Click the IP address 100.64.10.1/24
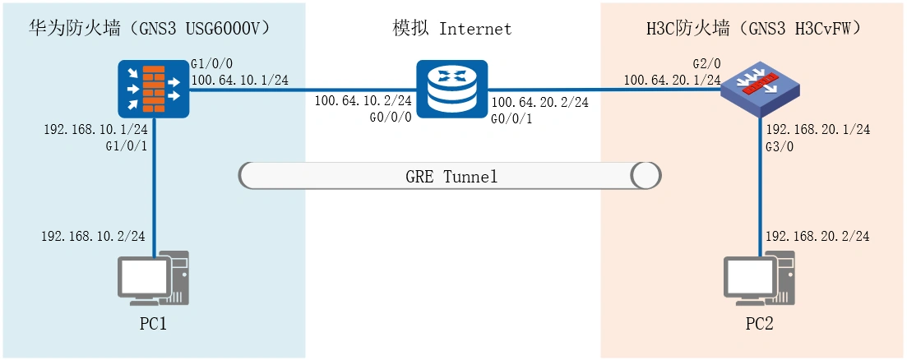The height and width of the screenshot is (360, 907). tap(238, 80)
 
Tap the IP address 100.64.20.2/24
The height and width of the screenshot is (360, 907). tap(539, 102)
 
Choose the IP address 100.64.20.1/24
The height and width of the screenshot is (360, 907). tap(673, 80)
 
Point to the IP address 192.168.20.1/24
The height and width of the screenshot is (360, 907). tap(817, 129)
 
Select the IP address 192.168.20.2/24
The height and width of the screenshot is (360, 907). tap(817, 236)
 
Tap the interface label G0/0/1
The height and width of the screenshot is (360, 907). tap(511, 118)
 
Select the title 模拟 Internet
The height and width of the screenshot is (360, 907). tap(452, 29)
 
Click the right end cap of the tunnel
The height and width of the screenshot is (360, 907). tap(646, 175)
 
